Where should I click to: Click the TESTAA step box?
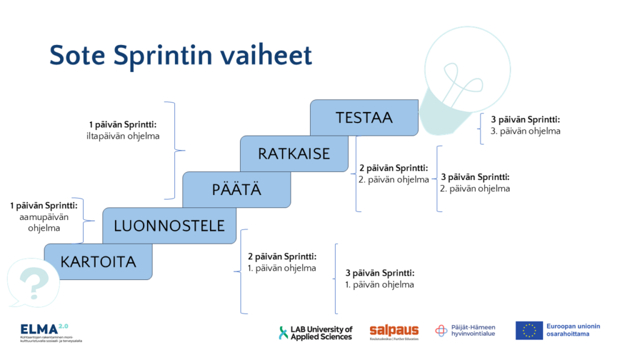click(x=364, y=117)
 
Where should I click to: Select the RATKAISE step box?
click(x=294, y=154)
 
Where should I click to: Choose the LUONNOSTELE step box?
click(x=169, y=226)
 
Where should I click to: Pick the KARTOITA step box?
click(x=98, y=261)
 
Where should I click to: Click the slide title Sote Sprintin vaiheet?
click(x=180, y=56)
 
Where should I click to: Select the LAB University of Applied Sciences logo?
click(x=316, y=332)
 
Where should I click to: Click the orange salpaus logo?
click(x=394, y=331)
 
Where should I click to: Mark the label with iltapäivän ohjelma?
click(x=124, y=130)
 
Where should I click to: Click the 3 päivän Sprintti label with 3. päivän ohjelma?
click(x=525, y=126)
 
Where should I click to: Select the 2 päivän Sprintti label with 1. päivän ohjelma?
click(x=282, y=262)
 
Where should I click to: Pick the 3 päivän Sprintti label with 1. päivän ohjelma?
click(x=379, y=279)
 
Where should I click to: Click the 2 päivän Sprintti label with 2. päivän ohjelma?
click(x=394, y=174)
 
